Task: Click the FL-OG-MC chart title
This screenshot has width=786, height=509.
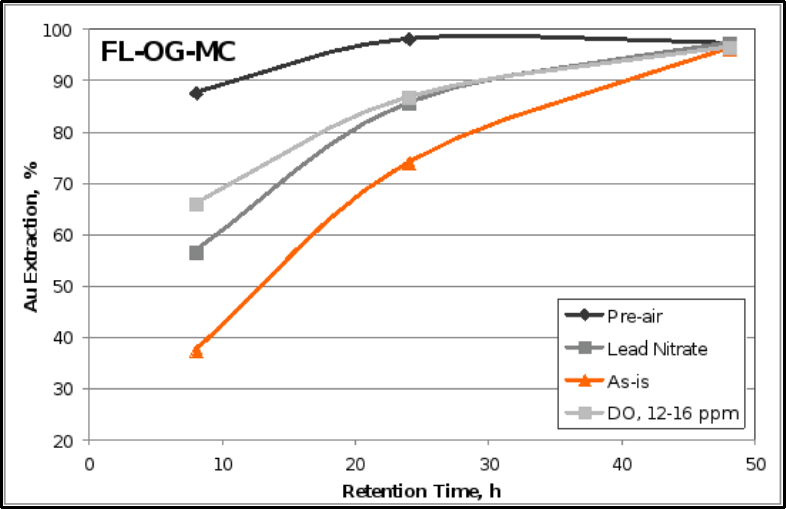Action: [168, 52]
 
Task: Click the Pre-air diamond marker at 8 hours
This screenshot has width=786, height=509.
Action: [196, 93]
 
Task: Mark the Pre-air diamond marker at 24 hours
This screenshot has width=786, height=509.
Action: [409, 39]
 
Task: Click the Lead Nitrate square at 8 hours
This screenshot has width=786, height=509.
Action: [196, 253]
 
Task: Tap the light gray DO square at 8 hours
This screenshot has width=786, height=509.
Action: [196, 204]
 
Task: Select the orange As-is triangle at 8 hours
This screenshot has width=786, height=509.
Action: [196, 352]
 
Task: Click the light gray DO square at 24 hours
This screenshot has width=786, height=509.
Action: [409, 98]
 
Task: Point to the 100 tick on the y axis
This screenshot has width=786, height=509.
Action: [57, 31]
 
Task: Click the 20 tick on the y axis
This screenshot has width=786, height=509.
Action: [63, 442]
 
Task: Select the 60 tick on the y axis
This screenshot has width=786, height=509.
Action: [63, 236]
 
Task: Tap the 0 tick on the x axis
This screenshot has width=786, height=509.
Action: [89, 464]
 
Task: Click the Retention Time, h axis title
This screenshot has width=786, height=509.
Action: [421, 491]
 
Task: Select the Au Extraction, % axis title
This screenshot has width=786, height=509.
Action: [31, 237]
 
